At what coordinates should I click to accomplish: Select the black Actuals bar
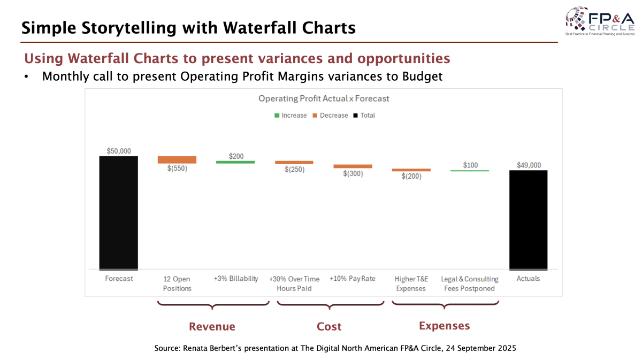[528, 219]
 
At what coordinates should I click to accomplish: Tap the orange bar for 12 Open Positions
[177, 159]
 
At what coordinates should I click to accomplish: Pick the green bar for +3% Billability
[235, 162]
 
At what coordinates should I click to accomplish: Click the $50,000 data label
[118, 151]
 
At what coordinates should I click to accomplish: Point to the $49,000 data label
[528, 165]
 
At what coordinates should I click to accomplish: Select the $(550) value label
[177, 168]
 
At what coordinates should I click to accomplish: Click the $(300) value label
[353, 173]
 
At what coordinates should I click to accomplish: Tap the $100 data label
[470, 165]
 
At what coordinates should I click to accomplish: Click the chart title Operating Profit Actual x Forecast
[324, 98]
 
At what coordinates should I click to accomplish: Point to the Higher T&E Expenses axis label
[410, 284]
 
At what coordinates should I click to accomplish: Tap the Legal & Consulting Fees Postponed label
[469, 284]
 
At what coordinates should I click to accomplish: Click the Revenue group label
[212, 326]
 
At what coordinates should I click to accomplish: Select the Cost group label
[329, 326]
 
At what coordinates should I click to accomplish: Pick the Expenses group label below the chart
[444, 326]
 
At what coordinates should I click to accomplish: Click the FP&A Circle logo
[599, 21]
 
